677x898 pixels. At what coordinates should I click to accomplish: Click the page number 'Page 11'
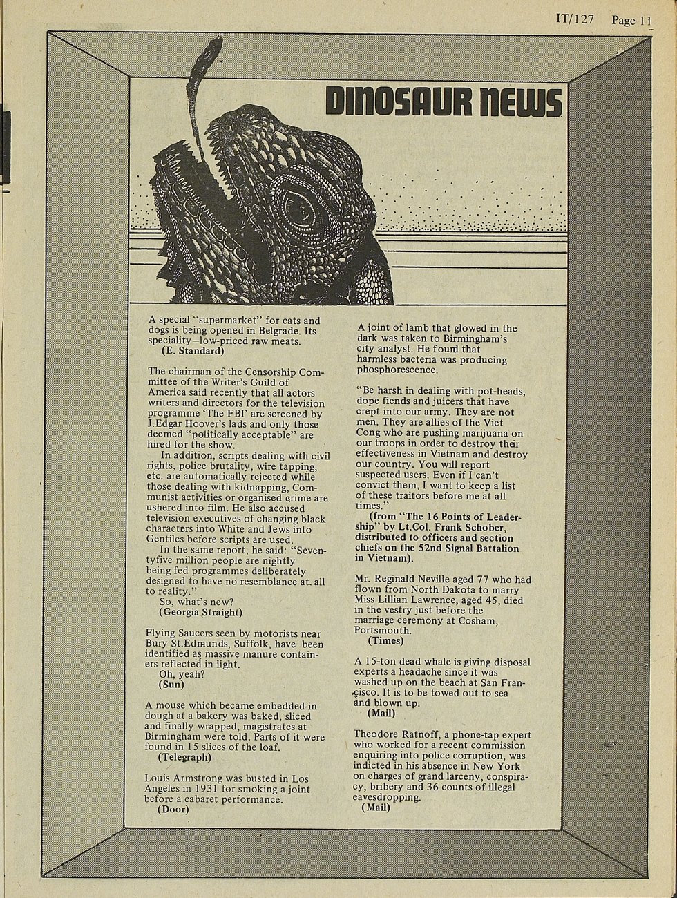(x=631, y=20)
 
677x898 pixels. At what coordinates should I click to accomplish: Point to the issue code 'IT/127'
(x=575, y=19)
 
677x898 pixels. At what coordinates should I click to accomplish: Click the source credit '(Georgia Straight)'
(x=200, y=612)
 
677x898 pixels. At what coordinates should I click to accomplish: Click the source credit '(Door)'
(x=173, y=809)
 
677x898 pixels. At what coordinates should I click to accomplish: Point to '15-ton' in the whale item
(x=380, y=661)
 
